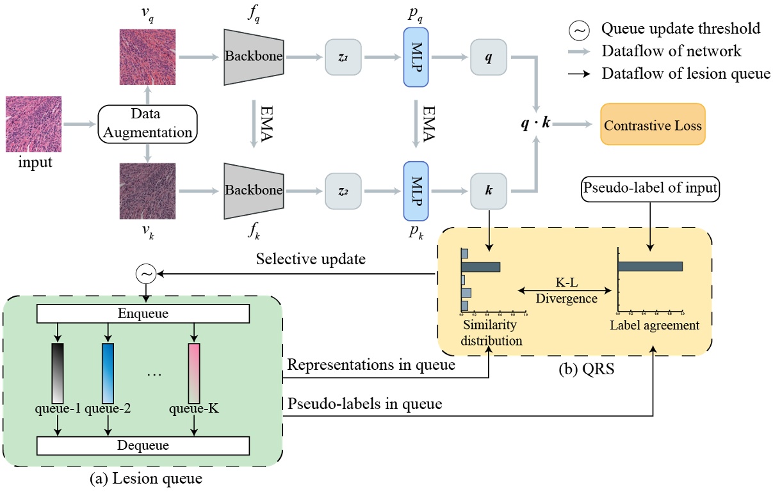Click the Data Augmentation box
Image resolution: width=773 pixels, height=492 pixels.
click(147, 123)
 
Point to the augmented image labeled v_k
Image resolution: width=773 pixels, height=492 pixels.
click(147, 191)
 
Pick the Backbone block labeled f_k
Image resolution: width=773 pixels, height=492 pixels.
click(253, 191)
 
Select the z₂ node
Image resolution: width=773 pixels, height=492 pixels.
click(344, 191)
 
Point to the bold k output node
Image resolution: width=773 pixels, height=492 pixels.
click(489, 191)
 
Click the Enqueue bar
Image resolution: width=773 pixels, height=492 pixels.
click(143, 313)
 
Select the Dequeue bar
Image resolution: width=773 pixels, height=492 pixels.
click(143, 445)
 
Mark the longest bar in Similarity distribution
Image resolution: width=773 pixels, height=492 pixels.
click(480, 267)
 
